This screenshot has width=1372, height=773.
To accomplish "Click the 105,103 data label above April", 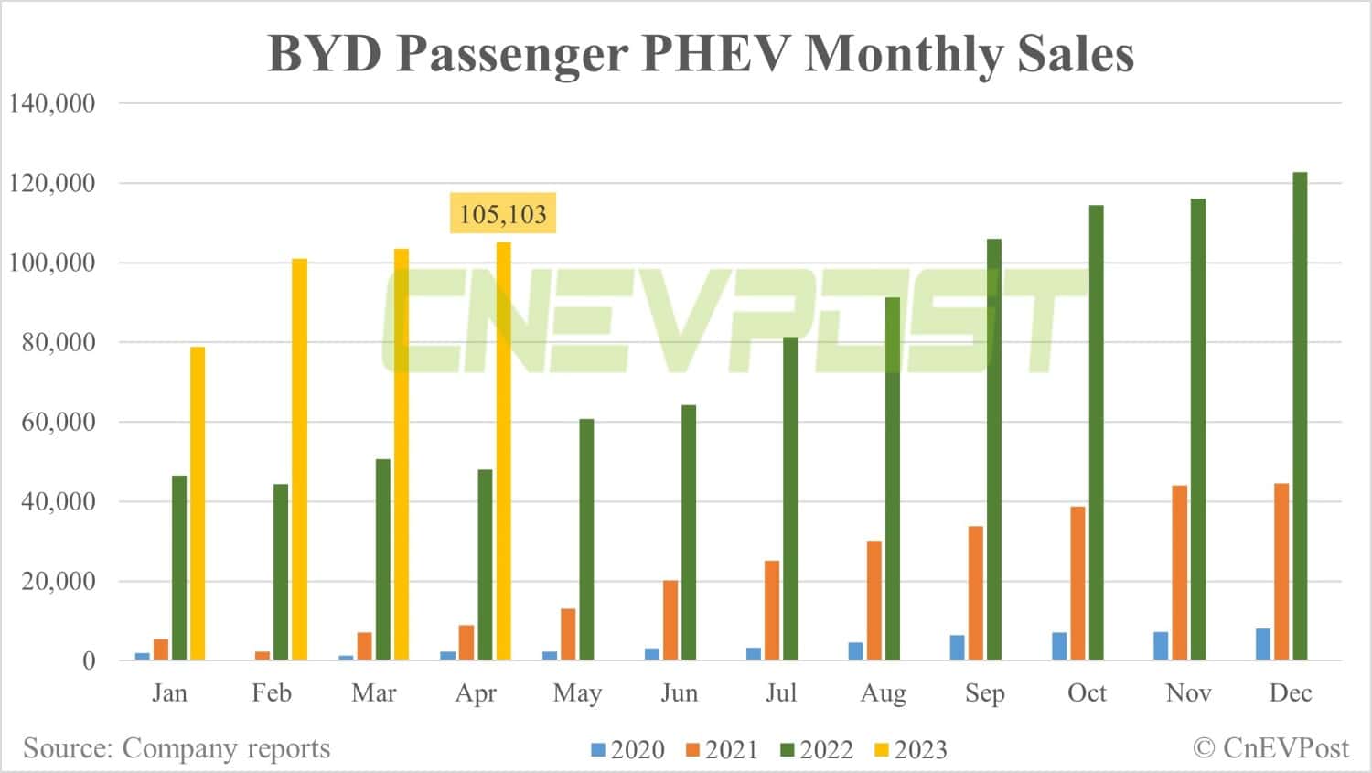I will point(503,214).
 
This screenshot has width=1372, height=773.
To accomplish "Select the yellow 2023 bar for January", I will point(198,503).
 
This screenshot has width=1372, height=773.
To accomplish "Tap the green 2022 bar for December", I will point(1300,416).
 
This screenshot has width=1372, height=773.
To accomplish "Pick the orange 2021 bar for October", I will point(1077,584).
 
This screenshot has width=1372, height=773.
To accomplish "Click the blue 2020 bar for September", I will point(958,648).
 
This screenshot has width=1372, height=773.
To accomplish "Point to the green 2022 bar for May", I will point(586,540).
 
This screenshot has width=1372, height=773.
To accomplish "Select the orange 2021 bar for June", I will point(670,620).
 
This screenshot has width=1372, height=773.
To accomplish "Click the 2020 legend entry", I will point(628,750).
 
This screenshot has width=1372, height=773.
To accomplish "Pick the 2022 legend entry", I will point(817,750).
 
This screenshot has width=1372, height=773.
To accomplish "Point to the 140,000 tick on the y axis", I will point(52,103).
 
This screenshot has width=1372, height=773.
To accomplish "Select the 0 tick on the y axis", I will point(89,660).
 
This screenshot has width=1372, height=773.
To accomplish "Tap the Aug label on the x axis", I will point(883,693).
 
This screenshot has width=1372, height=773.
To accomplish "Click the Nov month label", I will point(1188,693).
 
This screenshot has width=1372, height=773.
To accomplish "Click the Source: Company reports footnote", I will point(177,748).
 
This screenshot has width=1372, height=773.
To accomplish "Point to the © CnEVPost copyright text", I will point(1270,748).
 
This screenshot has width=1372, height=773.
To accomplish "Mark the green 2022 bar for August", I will point(893,478).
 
